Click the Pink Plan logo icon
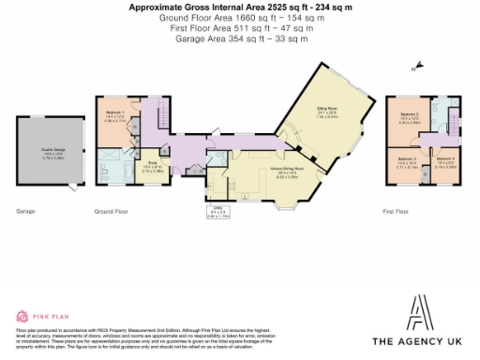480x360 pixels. pyautogui.click(x=22, y=317)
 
